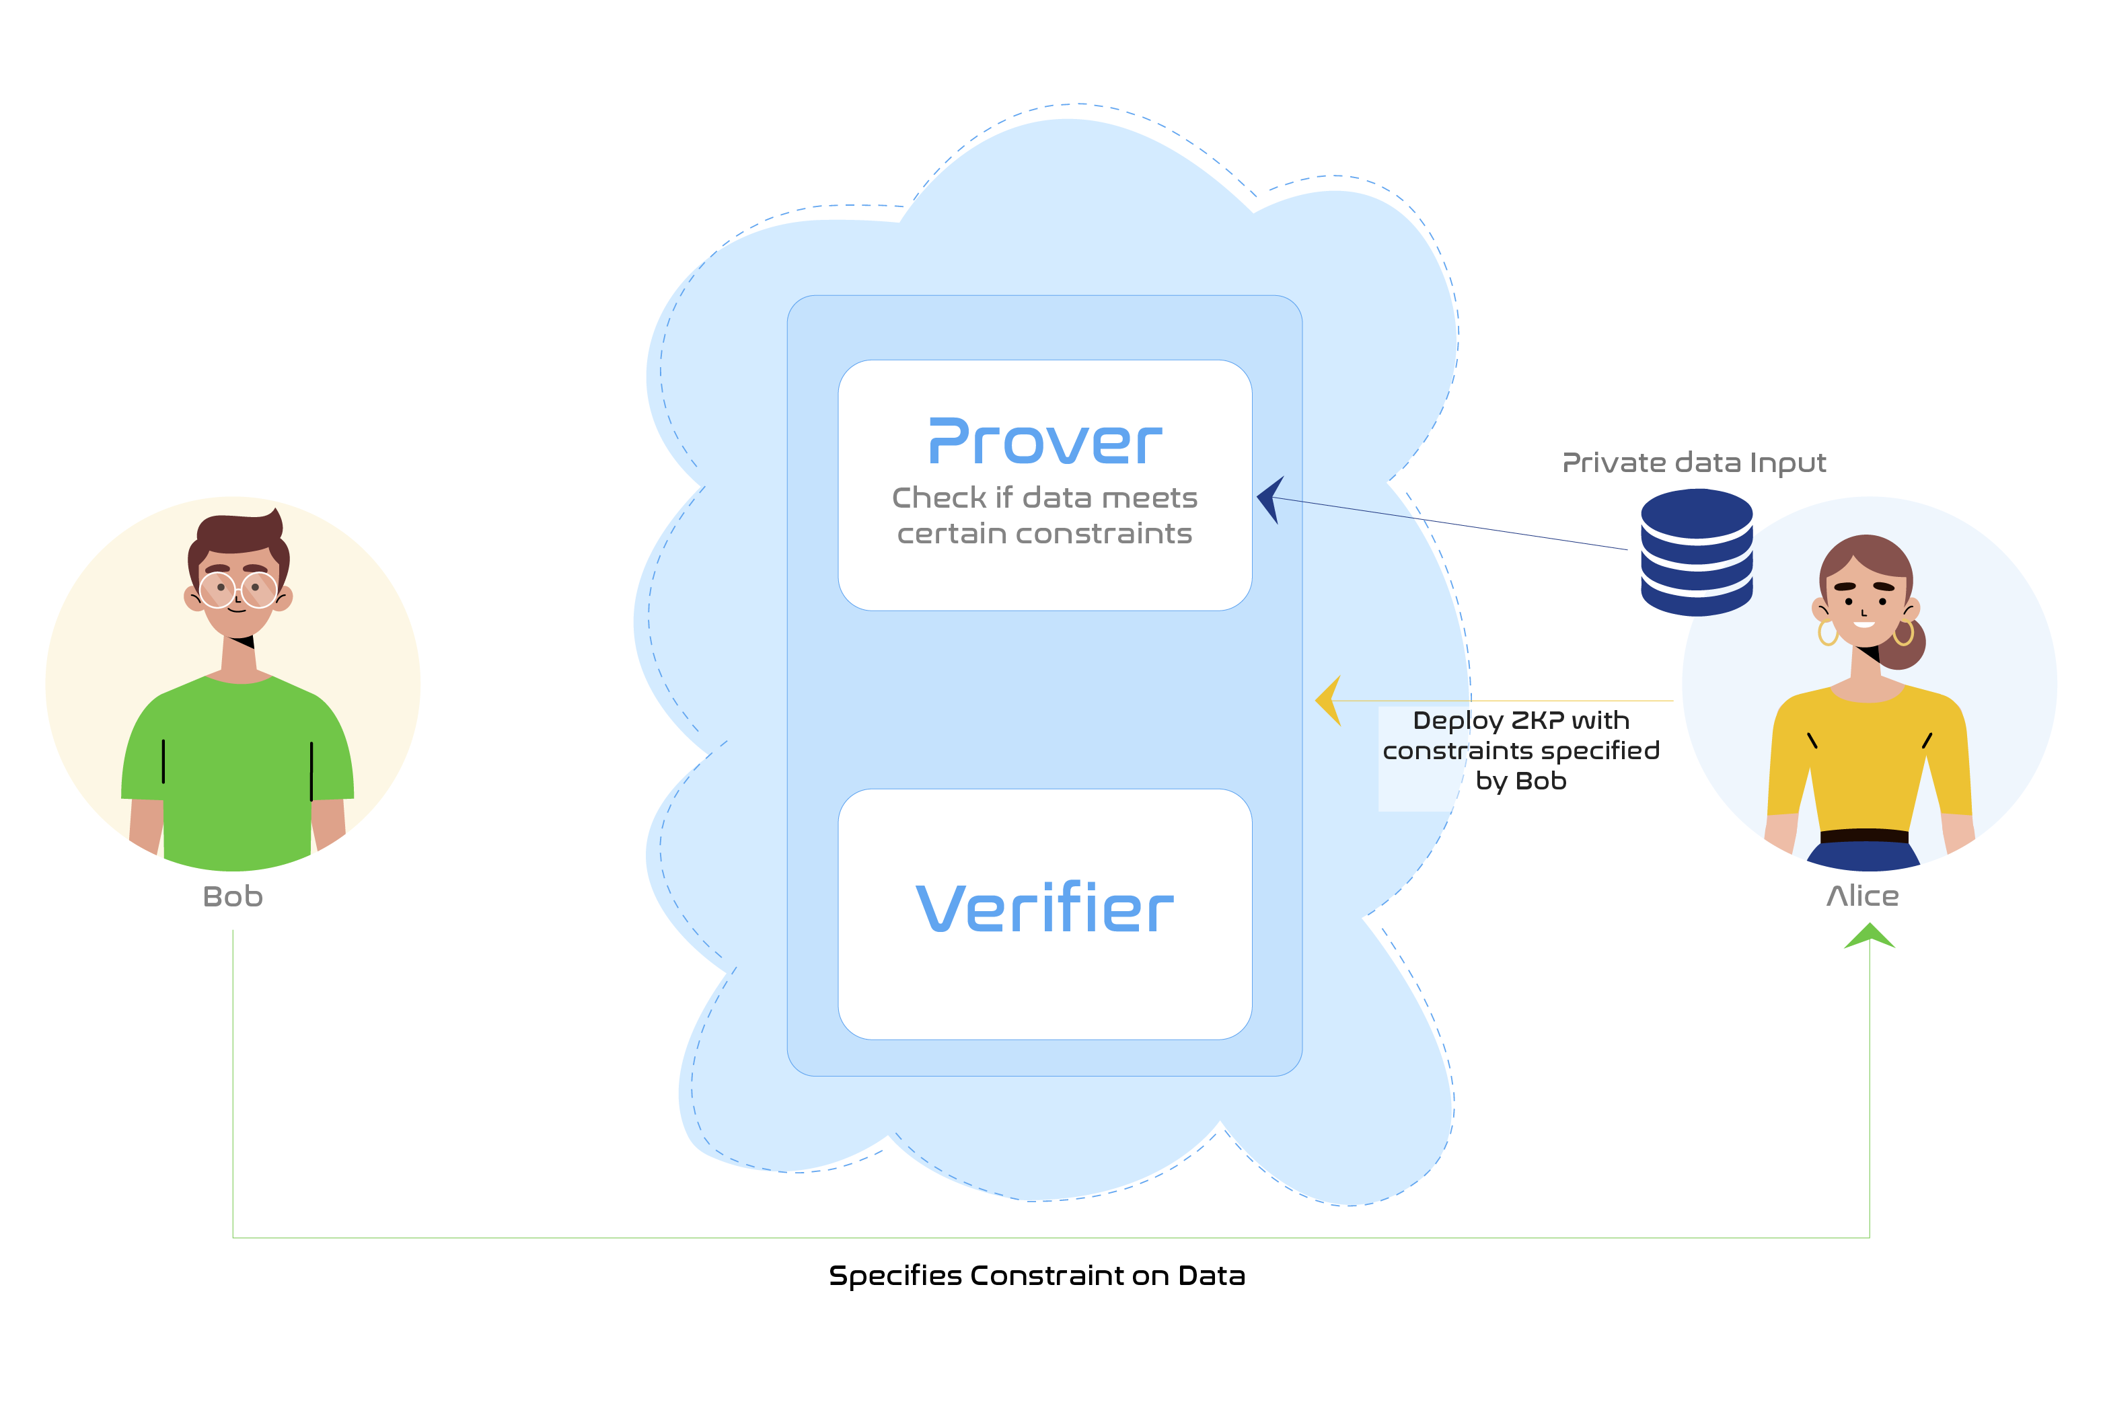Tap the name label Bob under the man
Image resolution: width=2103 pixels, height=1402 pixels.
[x=233, y=896]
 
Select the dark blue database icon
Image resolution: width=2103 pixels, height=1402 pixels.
[x=1696, y=553]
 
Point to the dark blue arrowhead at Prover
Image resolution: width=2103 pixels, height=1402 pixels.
[x=1270, y=499]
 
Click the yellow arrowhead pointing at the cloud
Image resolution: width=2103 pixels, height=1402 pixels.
[x=1329, y=700]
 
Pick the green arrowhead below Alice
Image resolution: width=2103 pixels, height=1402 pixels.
[x=1870, y=936]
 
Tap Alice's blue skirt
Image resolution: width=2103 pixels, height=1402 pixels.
[x=1864, y=856]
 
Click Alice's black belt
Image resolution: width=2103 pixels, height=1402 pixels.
[x=1864, y=835]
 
